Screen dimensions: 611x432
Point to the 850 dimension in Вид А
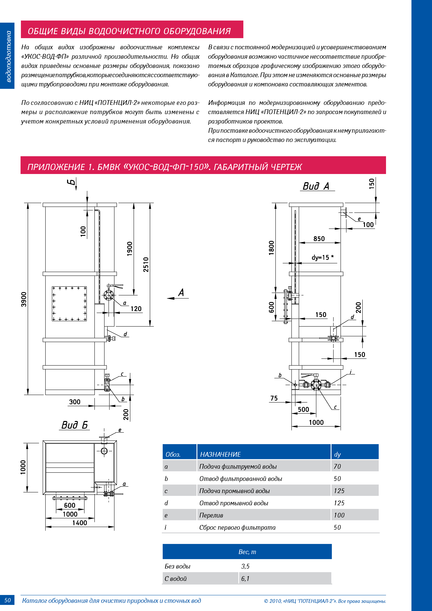pyautogui.click(x=319, y=239)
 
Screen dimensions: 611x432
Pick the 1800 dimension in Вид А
pyautogui.click(x=271, y=248)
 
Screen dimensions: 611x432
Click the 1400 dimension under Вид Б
pyautogui.click(x=80, y=523)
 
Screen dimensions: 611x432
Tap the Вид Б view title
pyautogui.click(x=75, y=425)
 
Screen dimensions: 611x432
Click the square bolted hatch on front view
pyautogui.click(x=69, y=304)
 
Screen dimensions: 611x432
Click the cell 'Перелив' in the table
pyautogui.click(x=211, y=515)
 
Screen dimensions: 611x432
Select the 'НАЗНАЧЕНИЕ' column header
pyautogui.click(x=220, y=454)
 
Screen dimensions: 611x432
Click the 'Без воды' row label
pyautogui.click(x=178, y=566)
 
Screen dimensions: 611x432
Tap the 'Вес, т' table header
pyautogui.click(x=247, y=552)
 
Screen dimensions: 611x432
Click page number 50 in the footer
pyautogui.click(x=7, y=600)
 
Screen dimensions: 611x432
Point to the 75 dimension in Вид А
pyautogui.click(x=274, y=398)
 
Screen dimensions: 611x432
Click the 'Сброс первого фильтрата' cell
pyautogui.click(x=237, y=527)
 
